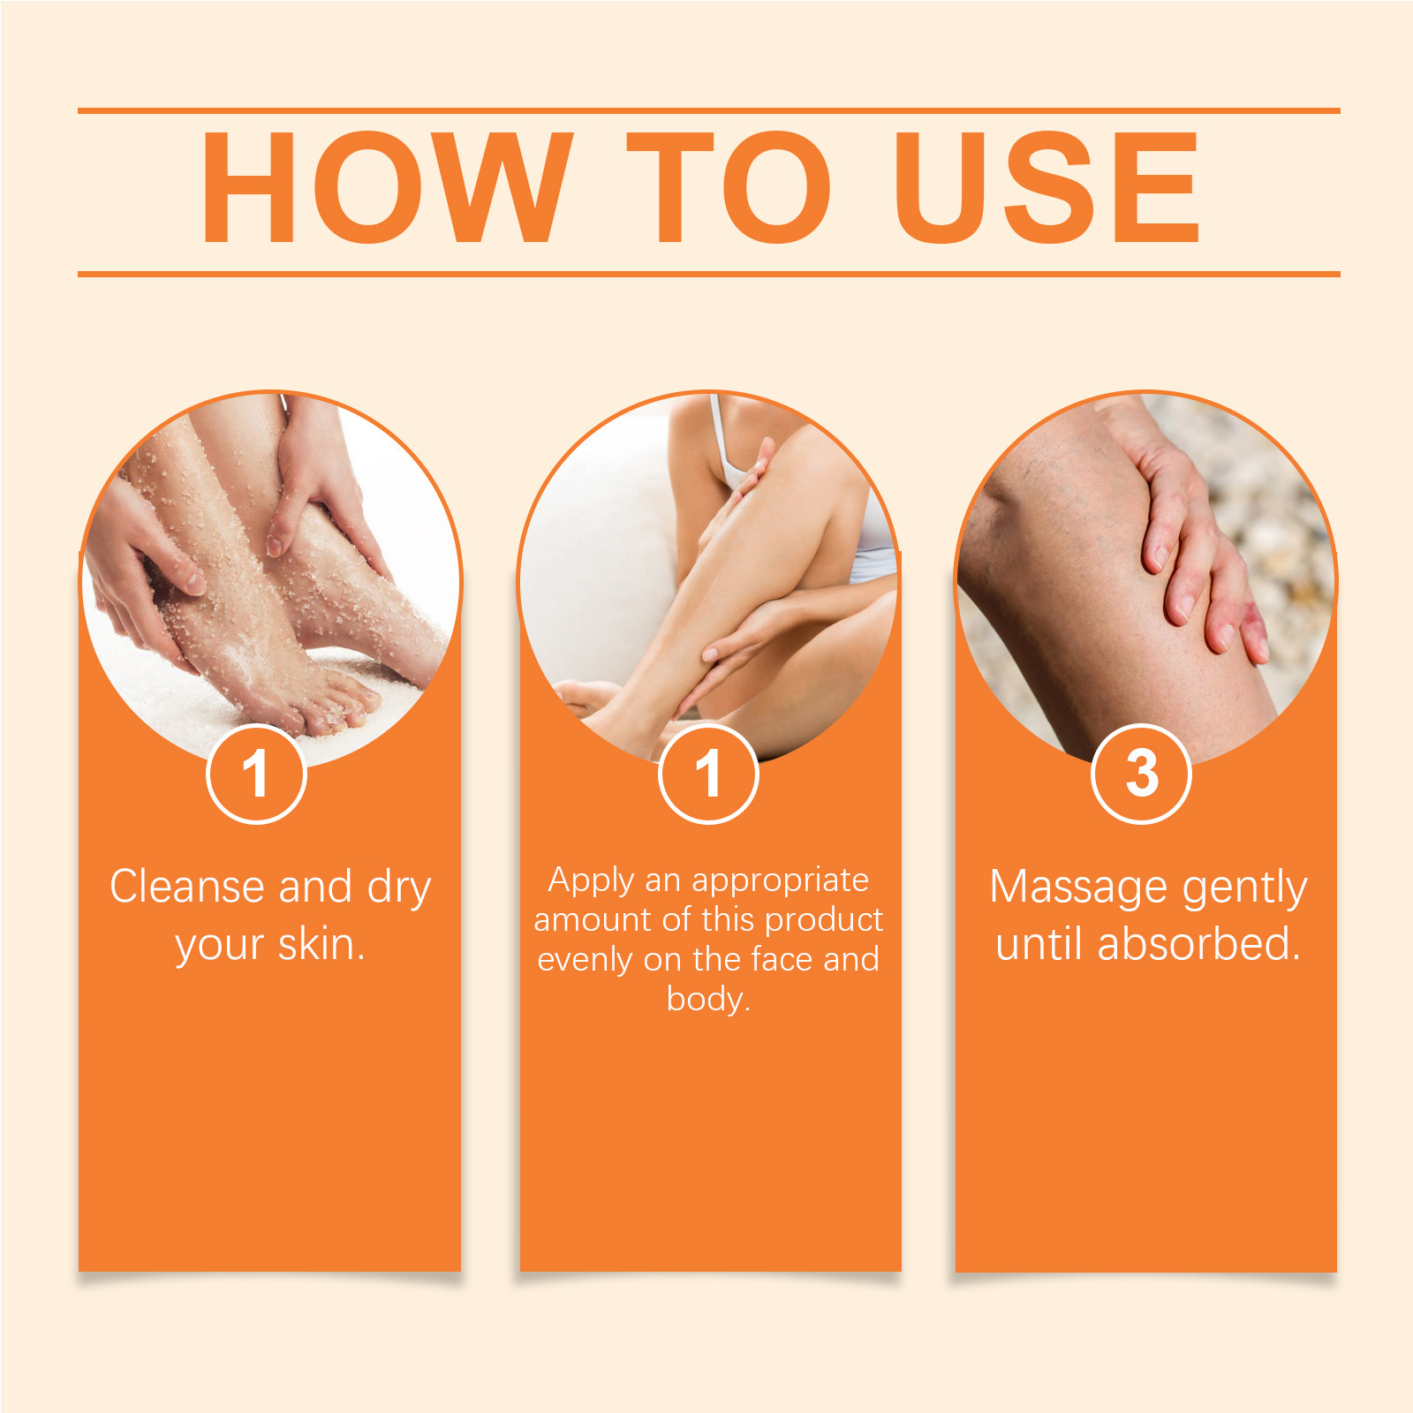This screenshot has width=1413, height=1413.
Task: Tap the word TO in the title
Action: tap(729, 187)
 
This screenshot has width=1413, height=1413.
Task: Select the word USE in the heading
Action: tap(1047, 187)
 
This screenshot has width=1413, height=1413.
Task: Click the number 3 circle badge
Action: tap(1142, 774)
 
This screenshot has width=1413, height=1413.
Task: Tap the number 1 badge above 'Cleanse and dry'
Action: tap(256, 774)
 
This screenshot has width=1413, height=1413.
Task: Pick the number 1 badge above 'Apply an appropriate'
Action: tap(708, 774)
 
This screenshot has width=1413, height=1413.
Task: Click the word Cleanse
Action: tap(187, 887)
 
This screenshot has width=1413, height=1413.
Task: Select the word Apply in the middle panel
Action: tap(591, 881)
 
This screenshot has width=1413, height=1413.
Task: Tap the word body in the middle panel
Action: tap(704, 1000)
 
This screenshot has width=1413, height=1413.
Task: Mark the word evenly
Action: tap(585, 961)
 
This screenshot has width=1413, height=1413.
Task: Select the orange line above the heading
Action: tap(708, 111)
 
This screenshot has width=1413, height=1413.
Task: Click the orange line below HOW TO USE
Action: tap(708, 274)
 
